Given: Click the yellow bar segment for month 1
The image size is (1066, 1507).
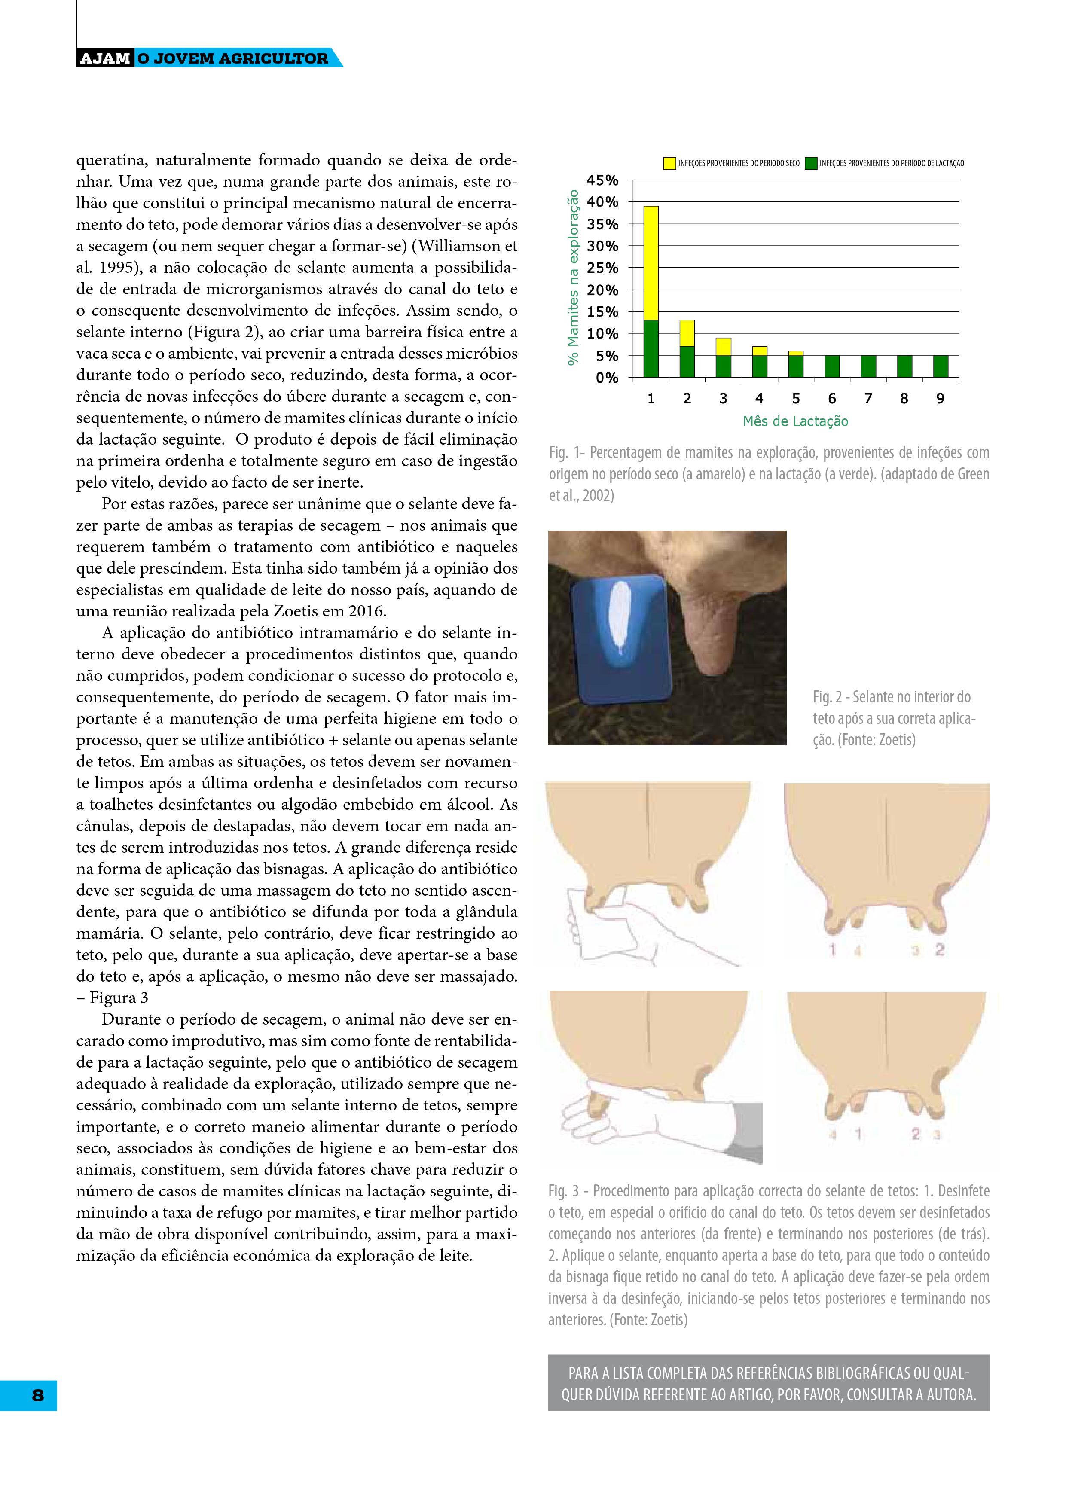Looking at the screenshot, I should (x=651, y=262).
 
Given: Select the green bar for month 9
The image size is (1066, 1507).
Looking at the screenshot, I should (x=940, y=366).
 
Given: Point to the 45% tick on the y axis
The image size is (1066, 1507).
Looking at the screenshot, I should (x=602, y=180).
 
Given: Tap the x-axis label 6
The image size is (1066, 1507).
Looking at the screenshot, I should (x=832, y=398).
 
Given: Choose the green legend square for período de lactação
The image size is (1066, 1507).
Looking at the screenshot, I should (x=811, y=163).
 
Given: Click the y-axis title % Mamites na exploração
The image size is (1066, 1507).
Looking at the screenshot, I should (x=574, y=277).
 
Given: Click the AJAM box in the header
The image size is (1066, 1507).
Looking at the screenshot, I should (x=105, y=58).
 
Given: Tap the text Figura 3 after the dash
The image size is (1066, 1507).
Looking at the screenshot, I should (x=119, y=998).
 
